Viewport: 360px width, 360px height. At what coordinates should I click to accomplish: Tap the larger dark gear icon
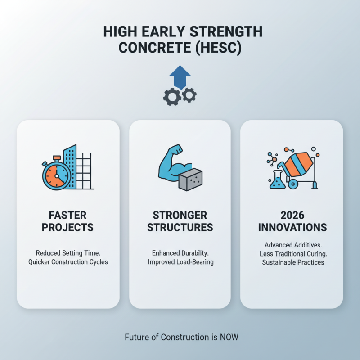tap(172, 97)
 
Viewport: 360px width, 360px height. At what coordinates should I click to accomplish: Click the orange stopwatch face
tap(57, 175)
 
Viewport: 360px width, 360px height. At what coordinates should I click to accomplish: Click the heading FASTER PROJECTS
tap(68, 221)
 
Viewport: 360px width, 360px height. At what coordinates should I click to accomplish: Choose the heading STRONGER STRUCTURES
tap(180, 221)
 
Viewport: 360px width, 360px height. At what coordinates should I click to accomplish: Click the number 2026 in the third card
tap(292, 215)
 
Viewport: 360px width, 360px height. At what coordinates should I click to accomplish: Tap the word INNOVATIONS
tap(292, 227)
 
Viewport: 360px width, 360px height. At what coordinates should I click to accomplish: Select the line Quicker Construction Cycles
tap(68, 261)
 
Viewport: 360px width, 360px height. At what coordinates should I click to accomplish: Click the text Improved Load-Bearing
tap(180, 261)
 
